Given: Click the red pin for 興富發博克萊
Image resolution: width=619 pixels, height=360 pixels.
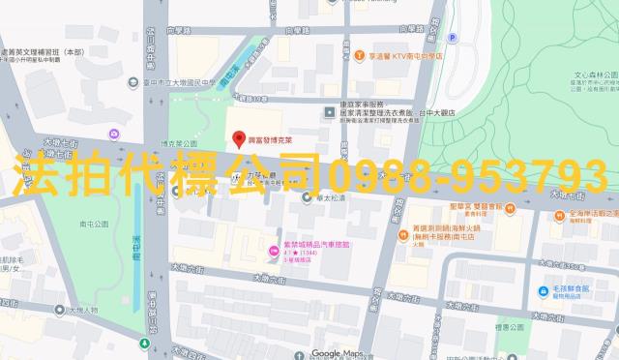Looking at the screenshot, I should tap(238, 138).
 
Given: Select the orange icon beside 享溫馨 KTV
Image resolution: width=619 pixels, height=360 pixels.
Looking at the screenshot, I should tap(359, 56).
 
